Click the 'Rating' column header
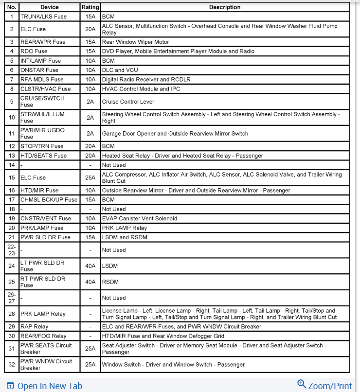tap(90, 7)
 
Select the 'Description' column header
tap(224, 7)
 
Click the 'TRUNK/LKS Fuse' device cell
tap(43, 17)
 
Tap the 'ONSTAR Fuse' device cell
tap(39, 70)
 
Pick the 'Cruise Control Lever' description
tap(128, 102)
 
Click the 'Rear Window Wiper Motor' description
tap(135, 42)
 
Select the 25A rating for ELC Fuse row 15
tap(90, 178)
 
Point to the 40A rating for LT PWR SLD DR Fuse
tap(90, 266)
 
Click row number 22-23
tap(12, 250)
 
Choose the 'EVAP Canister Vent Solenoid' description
tap(139, 219)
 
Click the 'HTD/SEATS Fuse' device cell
tap(43, 156)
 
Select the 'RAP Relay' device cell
tap(34, 327)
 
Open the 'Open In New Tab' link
tap(50, 386)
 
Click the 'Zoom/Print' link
tap(329, 385)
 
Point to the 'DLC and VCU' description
tap(120, 70)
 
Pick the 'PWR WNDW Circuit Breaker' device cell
tap(46, 365)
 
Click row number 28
tap(12, 314)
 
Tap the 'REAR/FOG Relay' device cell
tap(43, 336)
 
